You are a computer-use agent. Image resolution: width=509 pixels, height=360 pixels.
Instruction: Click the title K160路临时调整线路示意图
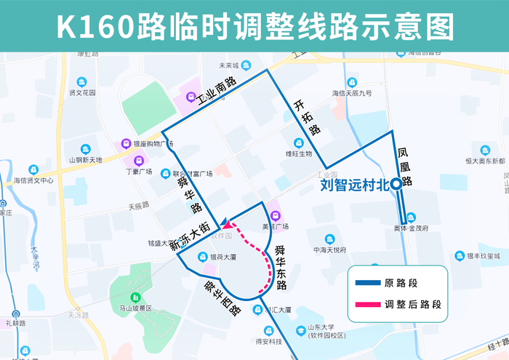(254, 26)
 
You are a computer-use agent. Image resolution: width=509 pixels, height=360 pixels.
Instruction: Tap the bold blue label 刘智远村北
(353, 186)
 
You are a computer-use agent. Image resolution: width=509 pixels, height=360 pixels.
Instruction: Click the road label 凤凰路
(404, 167)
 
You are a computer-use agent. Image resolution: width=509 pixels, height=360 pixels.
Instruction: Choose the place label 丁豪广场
(138, 172)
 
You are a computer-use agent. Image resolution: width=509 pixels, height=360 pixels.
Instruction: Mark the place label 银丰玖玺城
(483, 256)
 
